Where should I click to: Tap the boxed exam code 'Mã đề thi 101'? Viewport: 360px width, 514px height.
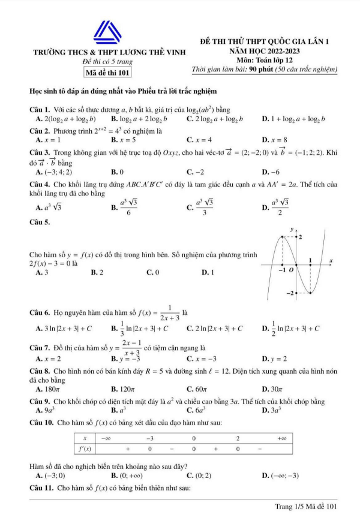coord(109,73)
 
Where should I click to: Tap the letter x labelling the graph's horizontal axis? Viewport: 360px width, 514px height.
coord(330,261)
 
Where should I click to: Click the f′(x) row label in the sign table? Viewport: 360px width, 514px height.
coord(86,448)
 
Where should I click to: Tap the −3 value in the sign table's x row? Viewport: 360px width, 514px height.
coord(151,438)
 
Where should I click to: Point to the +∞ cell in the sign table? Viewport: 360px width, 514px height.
coord(283,438)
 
